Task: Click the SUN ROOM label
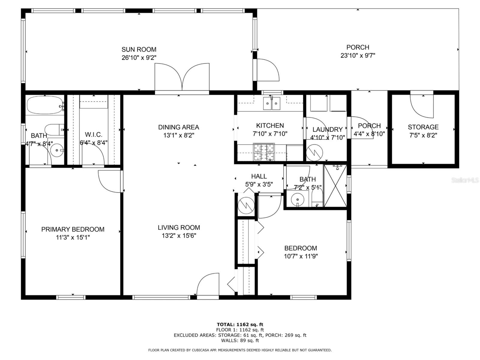pyautogui.click(x=139, y=49)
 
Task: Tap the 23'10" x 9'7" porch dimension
pyautogui.click(x=358, y=55)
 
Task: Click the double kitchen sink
pyautogui.click(x=272, y=103)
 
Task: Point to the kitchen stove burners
pyautogui.click(x=264, y=152)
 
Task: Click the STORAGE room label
pyautogui.click(x=423, y=127)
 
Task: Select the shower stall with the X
pyautogui.click(x=335, y=186)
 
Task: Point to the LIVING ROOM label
pyautogui.click(x=179, y=227)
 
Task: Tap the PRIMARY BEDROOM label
pyautogui.click(x=73, y=229)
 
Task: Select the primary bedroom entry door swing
pyautogui.click(x=109, y=181)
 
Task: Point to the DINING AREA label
pyautogui.click(x=179, y=127)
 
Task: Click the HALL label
pyautogui.click(x=259, y=176)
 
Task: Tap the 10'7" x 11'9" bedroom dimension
pyautogui.click(x=301, y=256)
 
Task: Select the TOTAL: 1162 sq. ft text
pyautogui.click(x=240, y=324)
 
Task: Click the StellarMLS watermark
pyautogui.click(x=465, y=180)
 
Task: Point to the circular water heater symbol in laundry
pyautogui.click(x=314, y=153)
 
